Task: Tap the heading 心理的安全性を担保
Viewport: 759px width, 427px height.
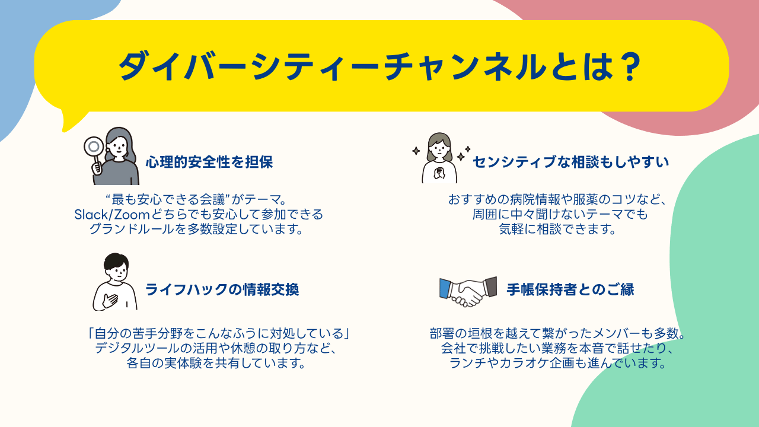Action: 209,162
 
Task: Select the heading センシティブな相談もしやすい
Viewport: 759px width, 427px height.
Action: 570,161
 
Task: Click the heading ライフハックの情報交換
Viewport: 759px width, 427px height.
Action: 222,289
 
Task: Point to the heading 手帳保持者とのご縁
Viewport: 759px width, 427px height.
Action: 570,289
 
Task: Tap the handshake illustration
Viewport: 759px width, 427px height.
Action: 468,291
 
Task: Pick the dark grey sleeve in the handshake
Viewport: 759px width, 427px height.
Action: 490,286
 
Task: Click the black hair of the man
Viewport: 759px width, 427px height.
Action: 115,261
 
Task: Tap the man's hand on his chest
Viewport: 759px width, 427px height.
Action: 110,299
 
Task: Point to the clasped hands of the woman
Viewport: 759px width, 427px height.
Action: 439,173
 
